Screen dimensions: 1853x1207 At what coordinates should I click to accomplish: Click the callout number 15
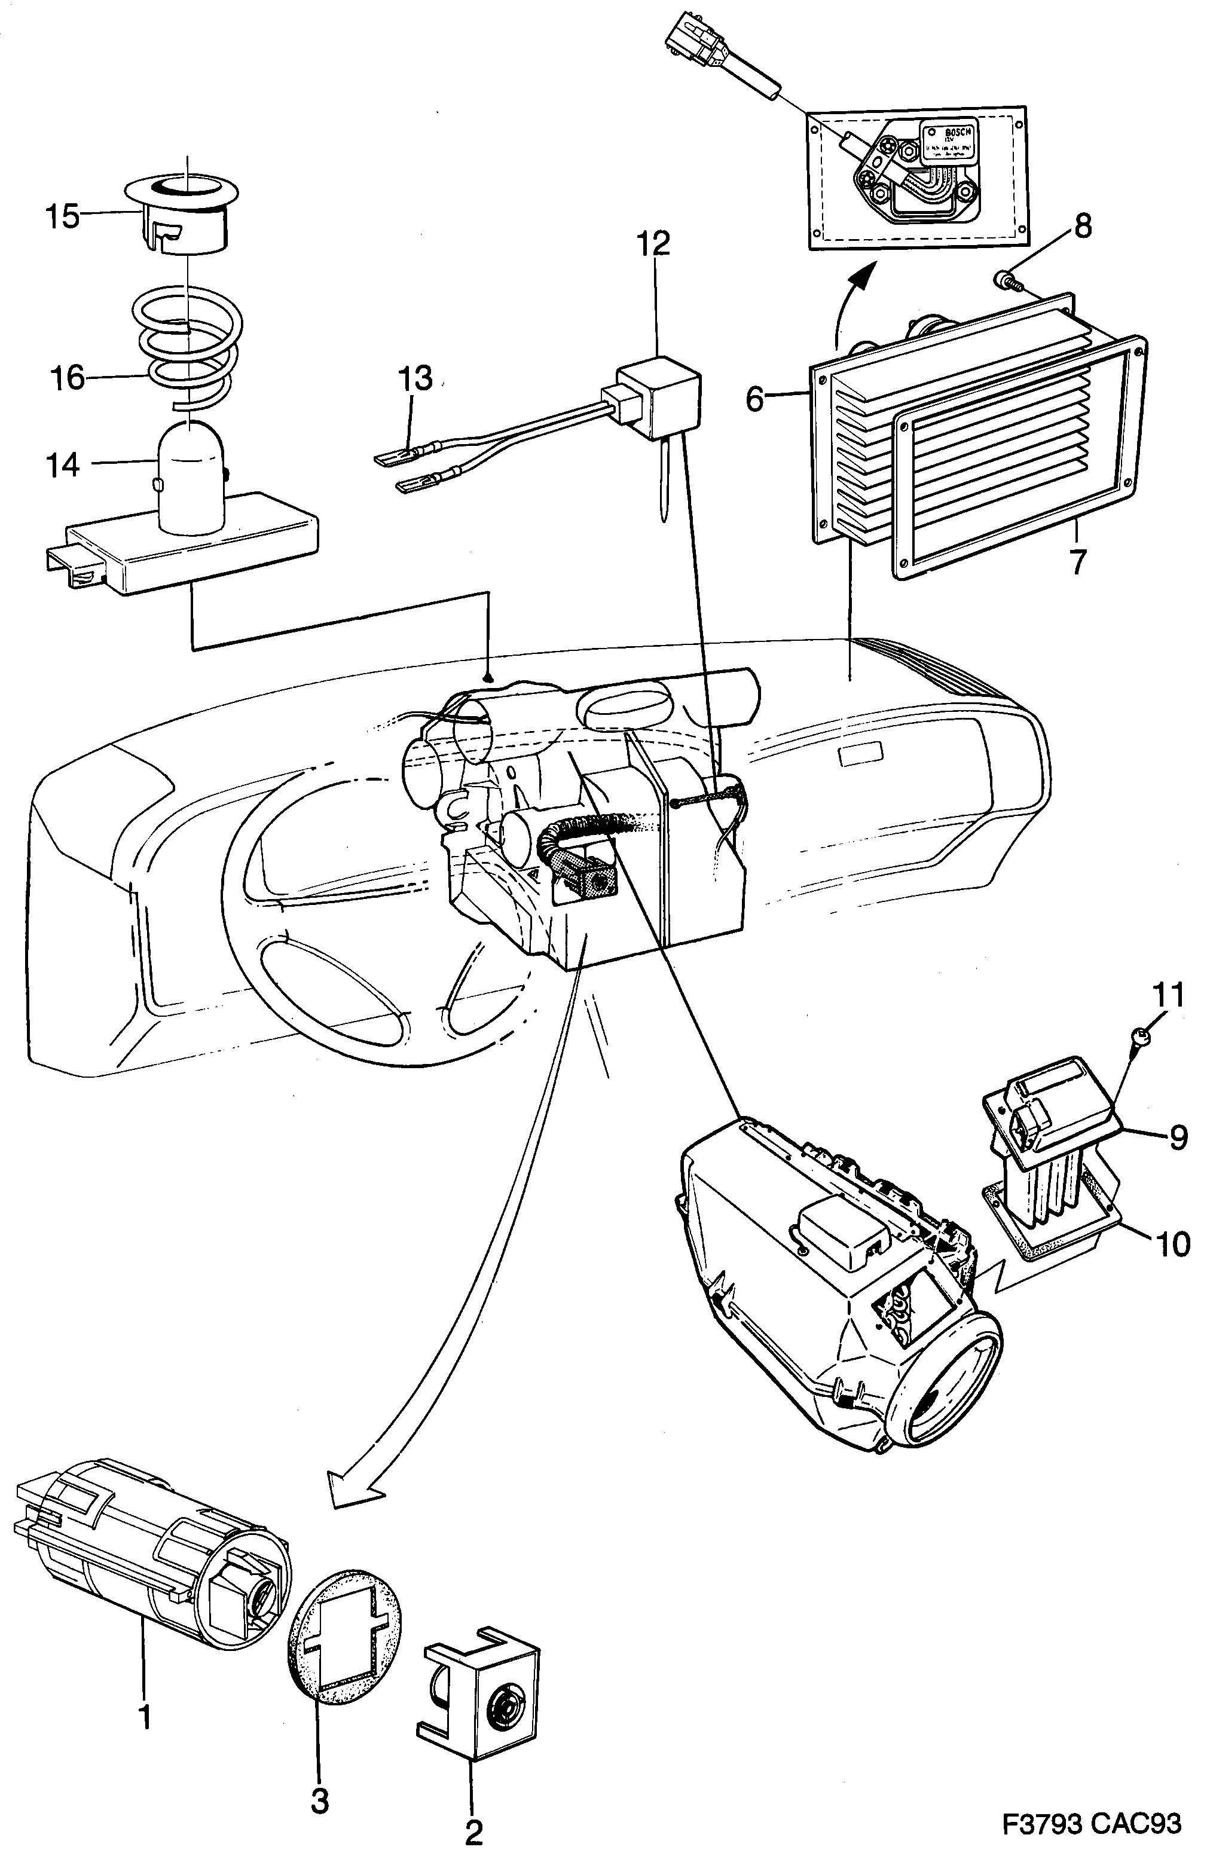point(62,216)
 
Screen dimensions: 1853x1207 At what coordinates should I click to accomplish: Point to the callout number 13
point(414,378)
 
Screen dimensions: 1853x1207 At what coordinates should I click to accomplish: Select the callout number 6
point(754,399)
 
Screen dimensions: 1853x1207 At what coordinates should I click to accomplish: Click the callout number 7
point(1077,561)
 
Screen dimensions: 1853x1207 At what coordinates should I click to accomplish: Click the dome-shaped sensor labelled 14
point(190,475)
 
